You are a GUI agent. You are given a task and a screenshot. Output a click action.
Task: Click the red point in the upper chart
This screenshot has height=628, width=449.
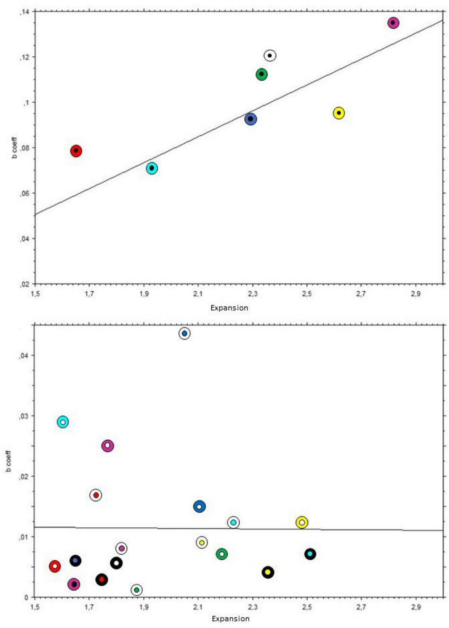76,151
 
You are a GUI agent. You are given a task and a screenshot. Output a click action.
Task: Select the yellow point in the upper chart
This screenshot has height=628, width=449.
338,113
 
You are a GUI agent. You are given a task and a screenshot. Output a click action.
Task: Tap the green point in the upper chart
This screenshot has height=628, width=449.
261,74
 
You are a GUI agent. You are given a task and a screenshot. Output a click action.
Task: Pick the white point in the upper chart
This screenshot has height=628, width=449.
269,56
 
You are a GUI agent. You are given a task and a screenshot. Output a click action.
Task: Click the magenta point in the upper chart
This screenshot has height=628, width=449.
393,23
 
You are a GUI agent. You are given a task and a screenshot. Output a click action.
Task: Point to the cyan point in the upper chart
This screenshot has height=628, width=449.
152,168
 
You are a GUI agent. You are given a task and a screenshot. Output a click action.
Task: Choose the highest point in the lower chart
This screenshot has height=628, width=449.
184,333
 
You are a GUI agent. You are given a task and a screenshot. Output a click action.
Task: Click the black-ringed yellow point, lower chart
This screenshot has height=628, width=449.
268,572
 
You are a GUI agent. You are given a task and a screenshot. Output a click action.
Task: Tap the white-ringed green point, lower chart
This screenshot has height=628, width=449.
137,590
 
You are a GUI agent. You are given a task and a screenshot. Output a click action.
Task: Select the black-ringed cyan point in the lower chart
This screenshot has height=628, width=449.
310,554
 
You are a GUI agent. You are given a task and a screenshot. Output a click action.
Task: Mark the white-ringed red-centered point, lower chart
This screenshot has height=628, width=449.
96,495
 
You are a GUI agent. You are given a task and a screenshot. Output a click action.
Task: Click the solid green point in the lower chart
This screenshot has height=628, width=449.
222,554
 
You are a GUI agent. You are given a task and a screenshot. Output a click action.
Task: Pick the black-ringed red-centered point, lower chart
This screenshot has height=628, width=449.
102,579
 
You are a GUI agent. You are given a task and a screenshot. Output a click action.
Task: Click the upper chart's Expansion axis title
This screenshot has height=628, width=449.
229,308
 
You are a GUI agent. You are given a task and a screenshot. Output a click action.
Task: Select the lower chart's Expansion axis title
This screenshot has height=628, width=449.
231,619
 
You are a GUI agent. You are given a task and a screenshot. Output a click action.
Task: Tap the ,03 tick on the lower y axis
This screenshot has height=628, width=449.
24,416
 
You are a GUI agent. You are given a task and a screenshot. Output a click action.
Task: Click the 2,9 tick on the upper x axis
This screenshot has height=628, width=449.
415,294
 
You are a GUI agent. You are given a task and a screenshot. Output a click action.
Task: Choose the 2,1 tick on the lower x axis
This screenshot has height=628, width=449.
198,607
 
